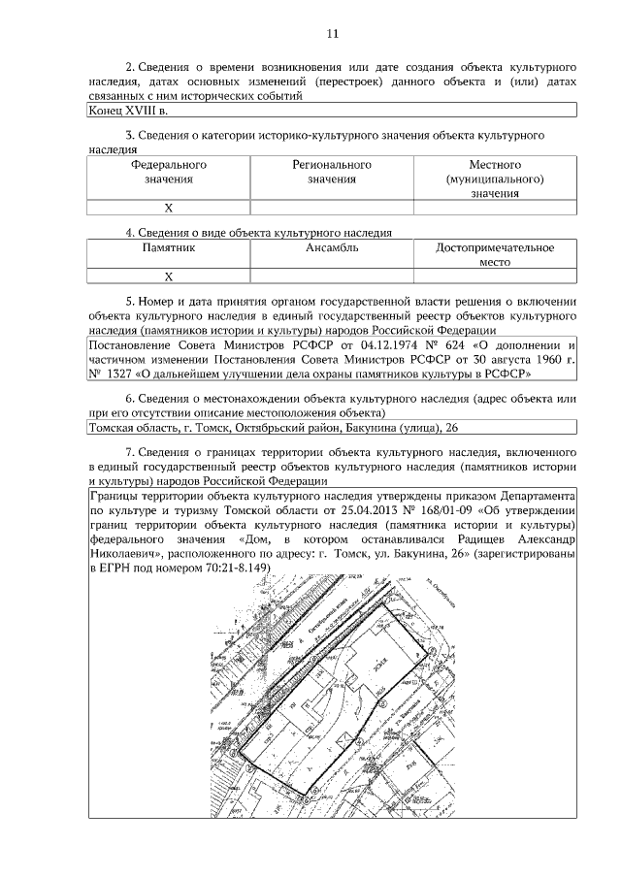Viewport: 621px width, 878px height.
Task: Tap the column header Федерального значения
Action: tap(169, 172)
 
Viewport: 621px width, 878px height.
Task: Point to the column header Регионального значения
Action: tap(332, 172)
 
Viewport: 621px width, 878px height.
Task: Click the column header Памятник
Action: tap(169, 248)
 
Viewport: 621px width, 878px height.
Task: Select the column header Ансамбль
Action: tap(332, 248)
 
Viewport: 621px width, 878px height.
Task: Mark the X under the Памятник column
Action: tap(168, 276)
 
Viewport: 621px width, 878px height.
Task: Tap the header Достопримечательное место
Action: tap(495, 255)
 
